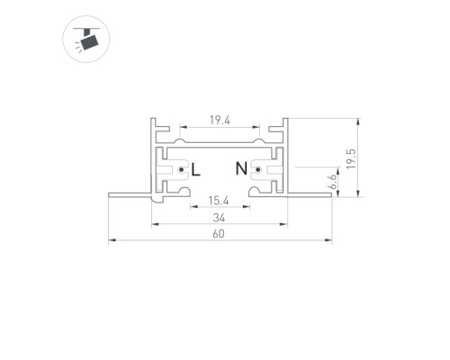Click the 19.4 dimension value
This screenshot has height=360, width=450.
[220, 121]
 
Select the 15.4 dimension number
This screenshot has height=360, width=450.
[219, 201]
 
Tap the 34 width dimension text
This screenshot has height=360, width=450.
[219, 218]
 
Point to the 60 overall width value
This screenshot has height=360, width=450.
[219, 234]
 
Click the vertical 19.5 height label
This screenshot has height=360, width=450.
[351, 158]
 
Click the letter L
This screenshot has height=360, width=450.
[195, 170]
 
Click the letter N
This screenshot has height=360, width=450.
[241, 168]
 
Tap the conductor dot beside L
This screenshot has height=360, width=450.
[181, 170]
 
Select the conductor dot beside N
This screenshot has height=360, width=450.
[257, 170]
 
